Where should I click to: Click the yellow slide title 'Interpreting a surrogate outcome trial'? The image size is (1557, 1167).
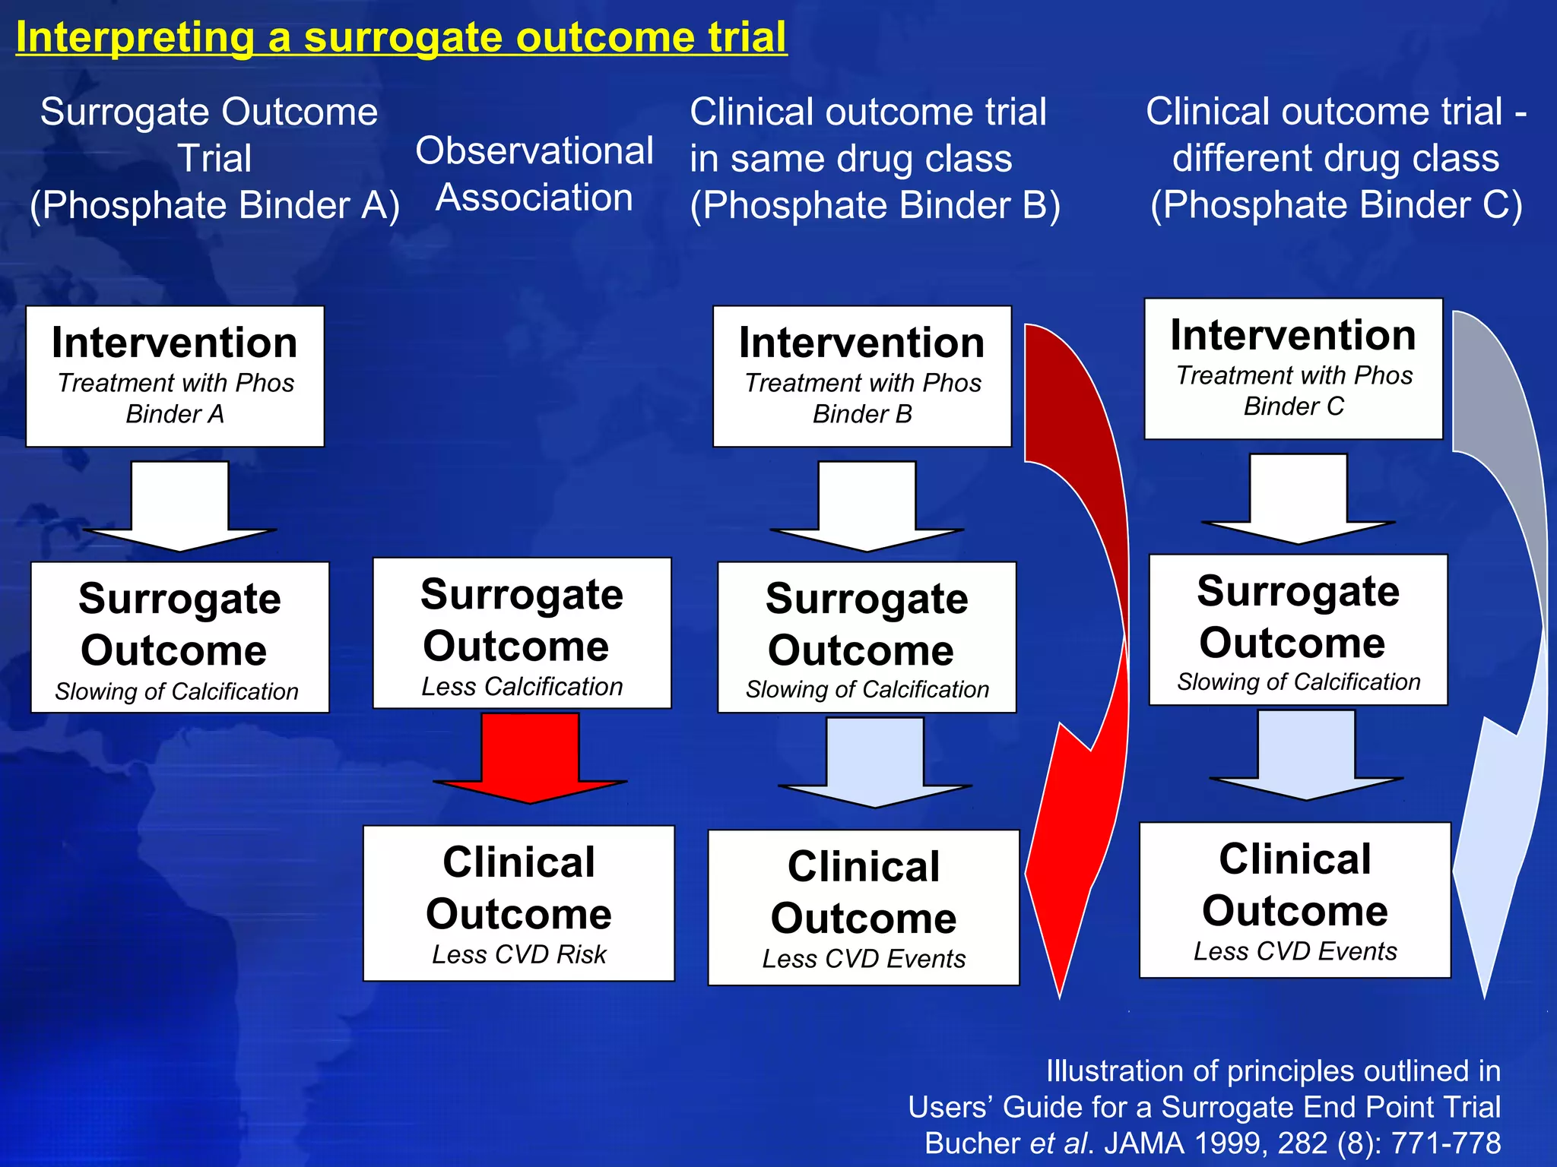(x=401, y=37)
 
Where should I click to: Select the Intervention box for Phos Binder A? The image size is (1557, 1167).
(x=175, y=376)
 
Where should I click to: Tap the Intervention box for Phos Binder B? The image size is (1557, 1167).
(x=862, y=376)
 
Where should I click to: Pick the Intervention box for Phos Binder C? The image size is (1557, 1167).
(x=1293, y=369)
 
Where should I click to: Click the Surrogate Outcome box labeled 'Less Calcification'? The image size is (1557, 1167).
(x=522, y=633)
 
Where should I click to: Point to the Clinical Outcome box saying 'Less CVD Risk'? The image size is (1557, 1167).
(x=519, y=903)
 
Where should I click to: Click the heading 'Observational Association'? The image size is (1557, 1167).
(x=534, y=174)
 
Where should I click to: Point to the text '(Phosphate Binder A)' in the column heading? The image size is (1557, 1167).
(x=214, y=205)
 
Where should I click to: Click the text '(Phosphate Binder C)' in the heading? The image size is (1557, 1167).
(x=1336, y=205)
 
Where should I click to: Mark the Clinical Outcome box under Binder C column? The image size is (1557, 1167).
(x=1295, y=900)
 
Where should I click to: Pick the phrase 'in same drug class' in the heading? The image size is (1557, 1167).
(x=851, y=159)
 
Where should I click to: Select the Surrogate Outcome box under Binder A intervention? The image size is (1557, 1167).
(x=180, y=637)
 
